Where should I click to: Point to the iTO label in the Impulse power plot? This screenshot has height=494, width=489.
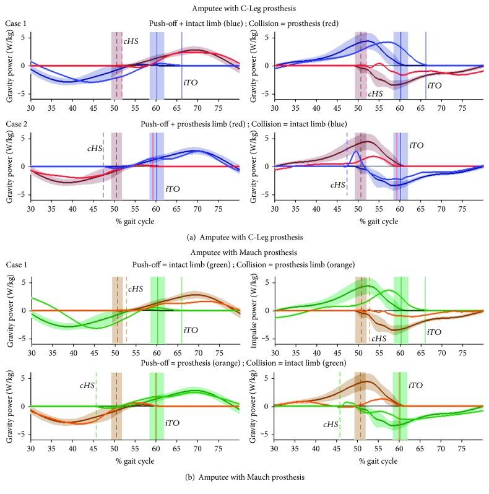tap(434, 332)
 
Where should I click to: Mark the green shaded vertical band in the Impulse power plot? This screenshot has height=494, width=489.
tap(400, 310)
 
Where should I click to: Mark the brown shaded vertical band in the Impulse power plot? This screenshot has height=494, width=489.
tap(360, 310)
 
